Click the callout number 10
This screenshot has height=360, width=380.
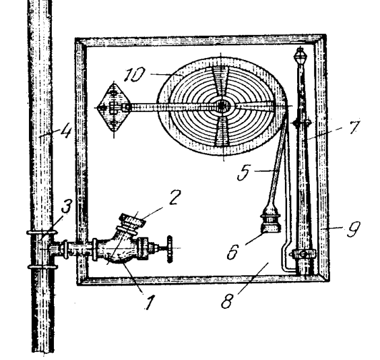134,74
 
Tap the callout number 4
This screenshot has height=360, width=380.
65,131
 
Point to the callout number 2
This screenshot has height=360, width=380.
174,197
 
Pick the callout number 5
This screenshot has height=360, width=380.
243,173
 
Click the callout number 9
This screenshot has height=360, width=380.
353,229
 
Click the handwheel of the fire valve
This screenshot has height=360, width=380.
169,249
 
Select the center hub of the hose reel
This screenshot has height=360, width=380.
222,106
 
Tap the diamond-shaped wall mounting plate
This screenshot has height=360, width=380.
113,108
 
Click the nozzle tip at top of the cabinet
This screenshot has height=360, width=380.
300,57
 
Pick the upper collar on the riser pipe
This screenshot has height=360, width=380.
42,232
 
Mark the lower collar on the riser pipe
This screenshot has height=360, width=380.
42,267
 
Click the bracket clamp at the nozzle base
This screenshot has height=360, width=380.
303,253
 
